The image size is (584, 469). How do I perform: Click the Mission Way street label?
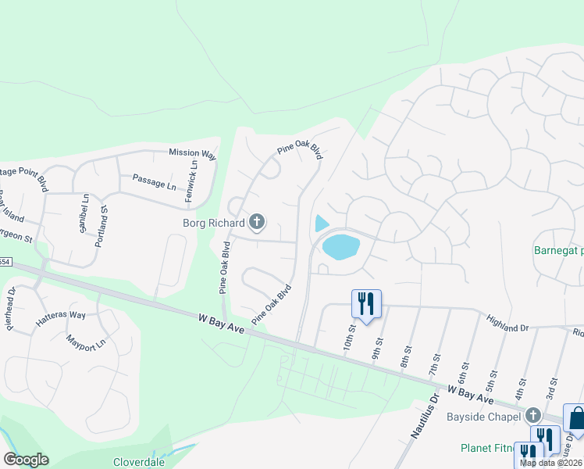[x=192, y=155]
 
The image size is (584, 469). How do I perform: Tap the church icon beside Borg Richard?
[x=256, y=224]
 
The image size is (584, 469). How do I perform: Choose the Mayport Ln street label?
[x=85, y=342]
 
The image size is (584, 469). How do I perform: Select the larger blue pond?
[x=341, y=246]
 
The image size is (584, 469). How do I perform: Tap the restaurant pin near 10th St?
[x=366, y=303]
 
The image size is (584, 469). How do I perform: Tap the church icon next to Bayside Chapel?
[x=533, y=415]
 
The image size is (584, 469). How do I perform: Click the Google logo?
[x=26, y=460]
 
